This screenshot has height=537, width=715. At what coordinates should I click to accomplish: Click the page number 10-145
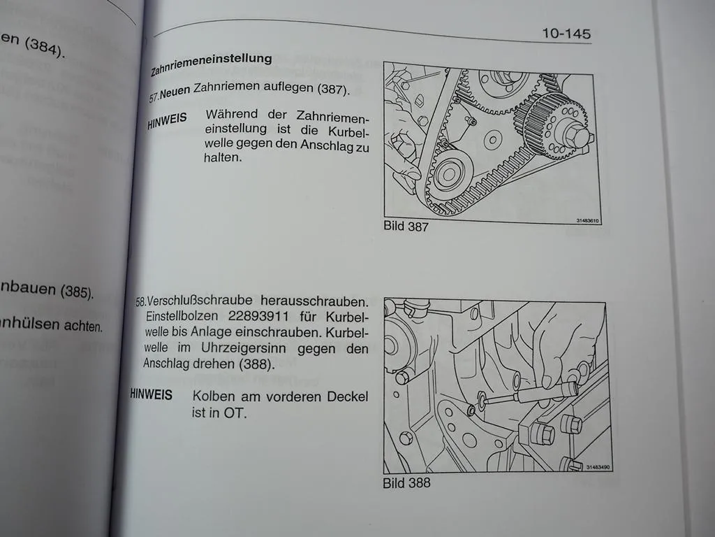pos(566,34)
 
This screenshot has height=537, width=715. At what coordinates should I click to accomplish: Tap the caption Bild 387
pos(406,227)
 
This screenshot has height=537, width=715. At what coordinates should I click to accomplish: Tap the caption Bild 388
pos(406,482)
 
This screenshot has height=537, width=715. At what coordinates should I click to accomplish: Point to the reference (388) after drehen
pos(256,364)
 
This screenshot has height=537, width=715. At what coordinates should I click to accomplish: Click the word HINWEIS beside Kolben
pos(151,395)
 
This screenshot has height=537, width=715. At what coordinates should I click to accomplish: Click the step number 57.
pos(154,98)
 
